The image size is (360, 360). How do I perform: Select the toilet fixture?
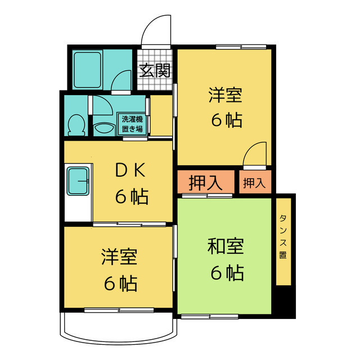tap(75, 124)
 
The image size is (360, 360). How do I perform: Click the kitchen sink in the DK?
tap(78, 181)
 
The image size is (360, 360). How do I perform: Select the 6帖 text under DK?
tap(132, 197)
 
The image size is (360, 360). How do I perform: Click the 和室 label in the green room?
tap(226, 246)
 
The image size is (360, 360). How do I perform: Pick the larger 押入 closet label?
tap(204, 183)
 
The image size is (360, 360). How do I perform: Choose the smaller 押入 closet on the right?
tap(253, 183)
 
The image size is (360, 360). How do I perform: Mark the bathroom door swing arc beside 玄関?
tap(123, 82)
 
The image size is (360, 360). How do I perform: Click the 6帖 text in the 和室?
tap(227, 273)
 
